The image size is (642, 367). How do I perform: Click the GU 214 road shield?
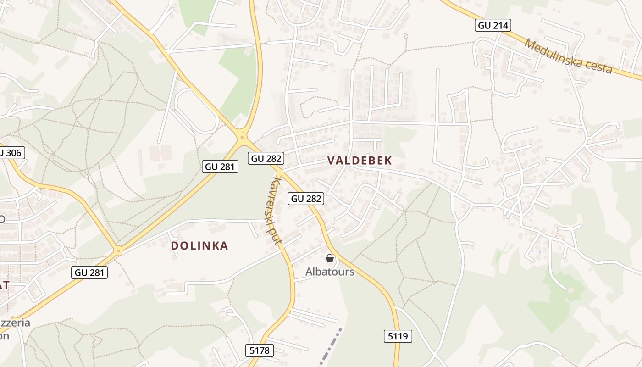[493, 25]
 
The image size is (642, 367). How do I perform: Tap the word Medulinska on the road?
[551, 53]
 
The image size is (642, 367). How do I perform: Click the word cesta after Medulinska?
[597, 67]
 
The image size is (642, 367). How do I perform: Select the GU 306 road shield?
[10, 153]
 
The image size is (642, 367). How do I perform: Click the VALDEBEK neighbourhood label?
[360, 161]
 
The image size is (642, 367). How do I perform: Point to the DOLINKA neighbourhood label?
[199, 246]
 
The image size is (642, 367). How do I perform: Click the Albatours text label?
[330, 272]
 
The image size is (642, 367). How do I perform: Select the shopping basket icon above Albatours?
[329, 259]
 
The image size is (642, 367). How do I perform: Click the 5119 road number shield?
[398, 336]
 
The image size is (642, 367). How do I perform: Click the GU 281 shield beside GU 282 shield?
[220, 167]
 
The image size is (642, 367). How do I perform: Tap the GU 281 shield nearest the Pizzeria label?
[90, 272]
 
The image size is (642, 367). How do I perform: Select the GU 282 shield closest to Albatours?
[306, 199]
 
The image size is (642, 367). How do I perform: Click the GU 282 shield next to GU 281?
[266, 159]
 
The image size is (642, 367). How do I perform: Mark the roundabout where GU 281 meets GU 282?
[242, 136]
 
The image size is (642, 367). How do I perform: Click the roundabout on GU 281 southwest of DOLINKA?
[119, 250]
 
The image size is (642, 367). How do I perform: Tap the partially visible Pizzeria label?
[14, 323]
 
